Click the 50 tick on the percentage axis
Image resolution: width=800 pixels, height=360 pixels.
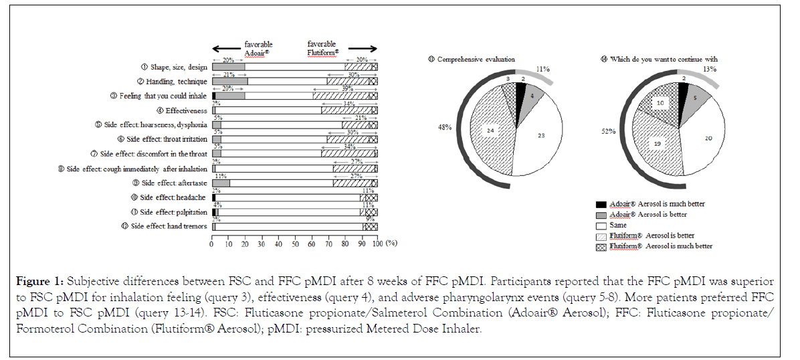(294, 244)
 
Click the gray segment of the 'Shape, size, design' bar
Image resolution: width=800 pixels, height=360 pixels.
(228, 67)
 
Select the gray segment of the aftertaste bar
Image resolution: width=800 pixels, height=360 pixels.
(221, 183)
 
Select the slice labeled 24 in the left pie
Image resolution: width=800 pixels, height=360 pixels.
(490, 130)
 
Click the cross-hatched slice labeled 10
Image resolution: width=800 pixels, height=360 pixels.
(659, 103)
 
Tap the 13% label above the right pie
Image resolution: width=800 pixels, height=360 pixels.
(710, 69)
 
